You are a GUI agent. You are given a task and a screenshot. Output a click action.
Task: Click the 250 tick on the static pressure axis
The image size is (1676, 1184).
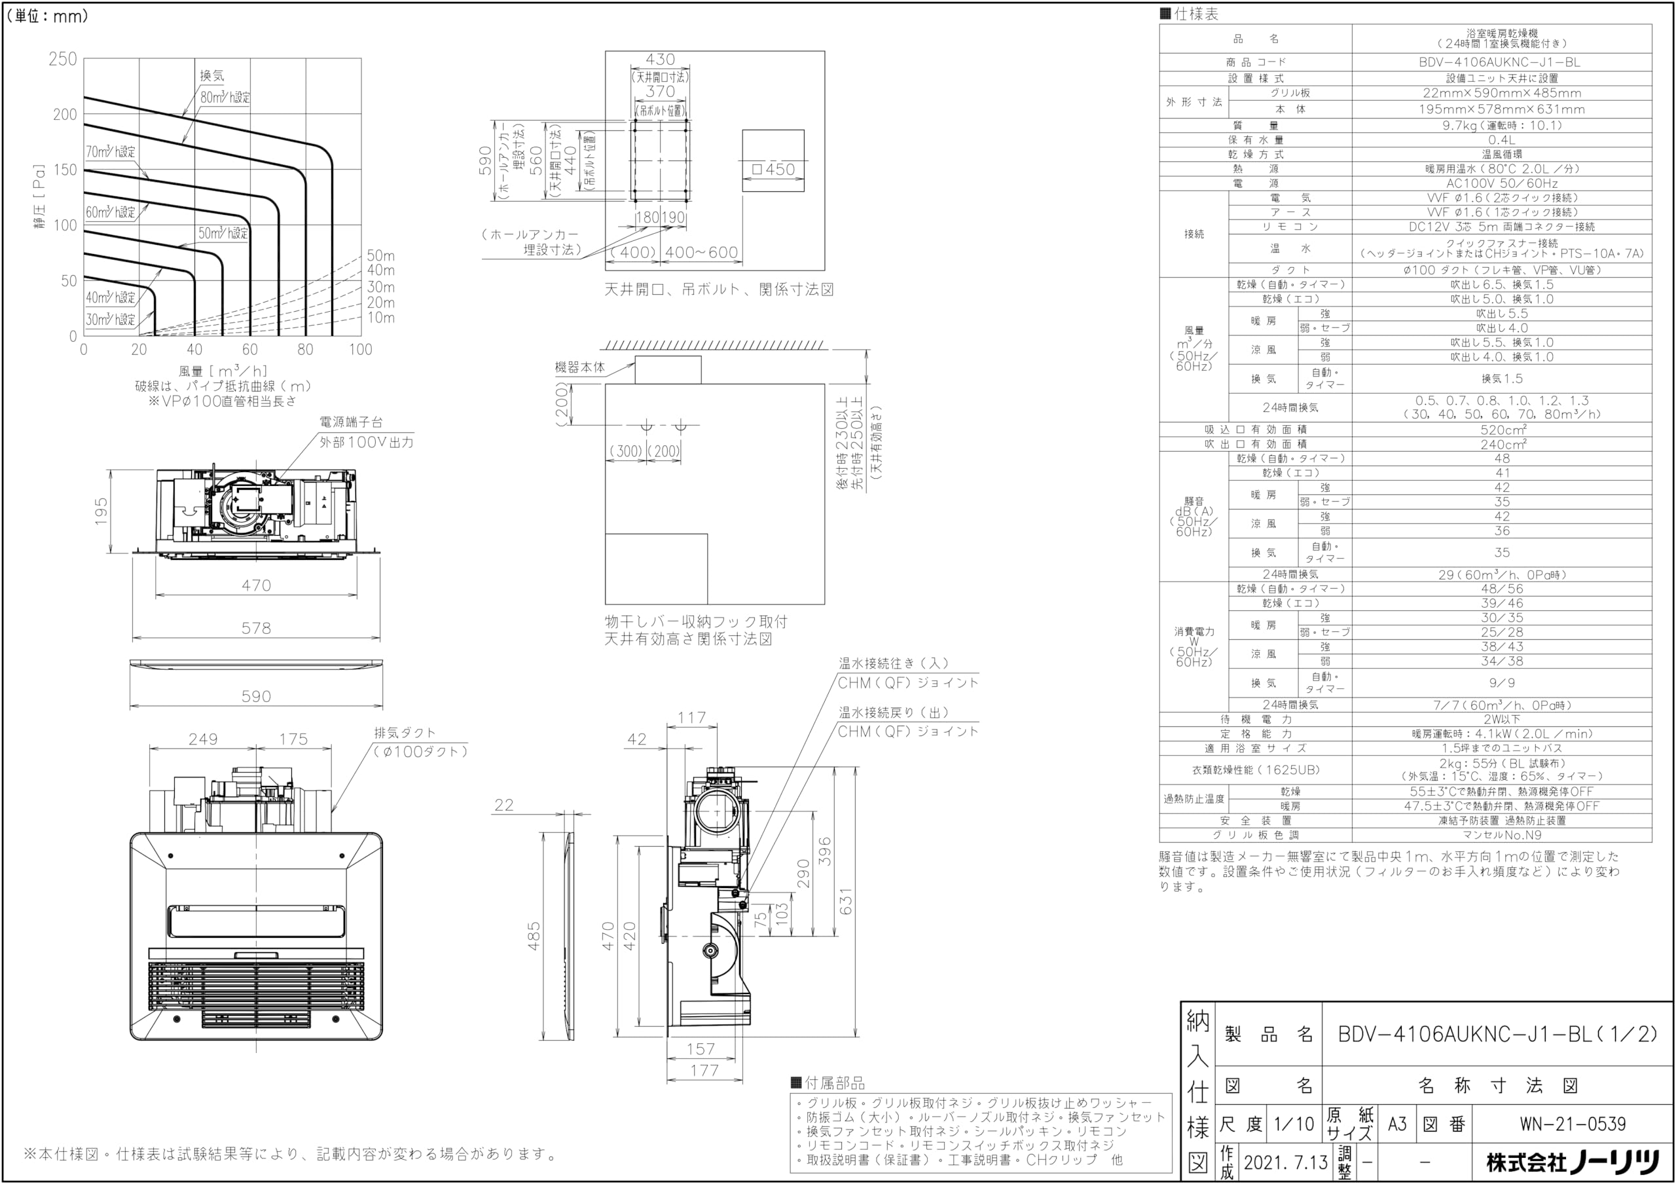[x=63, y=59]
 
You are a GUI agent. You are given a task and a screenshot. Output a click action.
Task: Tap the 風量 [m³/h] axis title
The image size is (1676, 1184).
[x=223, y=371]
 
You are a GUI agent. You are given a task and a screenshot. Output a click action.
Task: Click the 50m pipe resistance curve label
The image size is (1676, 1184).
[x=380, y=255]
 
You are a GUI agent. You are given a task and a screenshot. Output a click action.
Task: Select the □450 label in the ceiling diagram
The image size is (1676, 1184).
[x=773, y=170]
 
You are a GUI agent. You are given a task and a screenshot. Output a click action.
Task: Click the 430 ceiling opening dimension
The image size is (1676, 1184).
[x=660, y=60]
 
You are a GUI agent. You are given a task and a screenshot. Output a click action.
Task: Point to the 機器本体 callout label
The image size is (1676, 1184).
[x=579, y=367]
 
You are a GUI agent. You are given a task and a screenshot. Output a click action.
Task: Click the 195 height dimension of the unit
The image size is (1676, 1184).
[x=101, y=511]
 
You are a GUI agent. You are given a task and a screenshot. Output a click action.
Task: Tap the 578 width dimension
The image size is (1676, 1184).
[x=256, y=628]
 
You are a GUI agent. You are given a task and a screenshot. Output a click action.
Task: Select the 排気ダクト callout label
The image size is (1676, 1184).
[x=405, y=733]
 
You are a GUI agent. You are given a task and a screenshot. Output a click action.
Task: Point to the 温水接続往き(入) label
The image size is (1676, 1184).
[x=894, y=663]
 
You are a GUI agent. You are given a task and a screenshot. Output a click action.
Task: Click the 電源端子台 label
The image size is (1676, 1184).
[x=351, y=422]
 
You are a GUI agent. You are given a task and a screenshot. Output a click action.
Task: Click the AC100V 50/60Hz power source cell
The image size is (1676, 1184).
[x=1502, y=183]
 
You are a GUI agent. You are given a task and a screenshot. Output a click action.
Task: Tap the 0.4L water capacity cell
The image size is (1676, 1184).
[x=1502, y=139]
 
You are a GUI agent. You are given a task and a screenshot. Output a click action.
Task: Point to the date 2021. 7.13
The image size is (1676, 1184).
[x=1285, y=1162]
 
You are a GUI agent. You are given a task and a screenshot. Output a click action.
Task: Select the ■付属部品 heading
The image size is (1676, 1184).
[x=828, y=1083]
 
